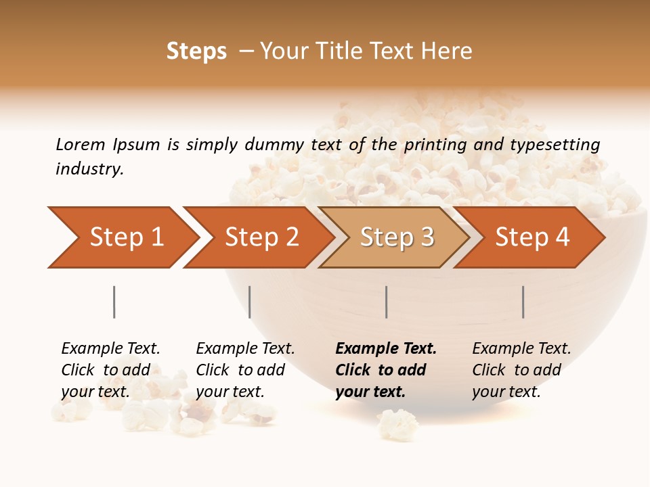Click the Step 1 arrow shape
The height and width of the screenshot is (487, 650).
(122, 237)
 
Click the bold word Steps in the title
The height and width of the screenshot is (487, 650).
(196, 51)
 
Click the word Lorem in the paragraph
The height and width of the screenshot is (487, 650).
(80, 145)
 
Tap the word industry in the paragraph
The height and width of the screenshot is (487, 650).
(89, 169)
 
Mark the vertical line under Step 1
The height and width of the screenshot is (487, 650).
(114, 302)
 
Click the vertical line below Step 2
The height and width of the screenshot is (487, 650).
(250, 302)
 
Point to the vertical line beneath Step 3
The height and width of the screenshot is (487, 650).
(386, 302)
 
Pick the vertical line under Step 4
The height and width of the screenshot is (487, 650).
(523, 302)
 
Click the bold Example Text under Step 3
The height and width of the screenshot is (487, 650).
(386, 349)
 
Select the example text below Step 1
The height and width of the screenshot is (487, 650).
(110, 370)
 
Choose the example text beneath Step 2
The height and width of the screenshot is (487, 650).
(245, 370)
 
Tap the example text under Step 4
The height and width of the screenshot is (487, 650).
(521, 370)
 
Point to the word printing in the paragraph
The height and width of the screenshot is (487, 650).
(435, 145)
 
